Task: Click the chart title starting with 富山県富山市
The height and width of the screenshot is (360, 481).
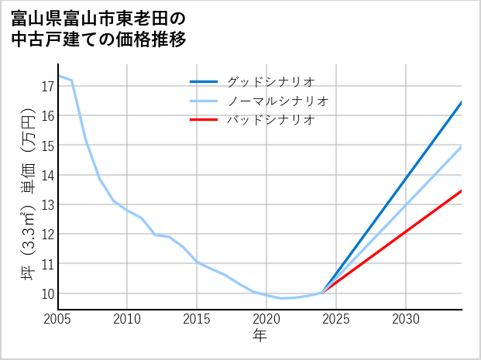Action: click(99, 27)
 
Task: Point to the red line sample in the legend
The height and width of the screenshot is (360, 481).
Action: click(204, 120)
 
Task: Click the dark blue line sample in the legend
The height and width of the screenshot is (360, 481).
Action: click(204, 81)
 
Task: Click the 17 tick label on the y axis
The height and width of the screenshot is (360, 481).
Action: click(46, 86)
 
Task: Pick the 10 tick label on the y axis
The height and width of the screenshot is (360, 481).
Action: click(46, 294)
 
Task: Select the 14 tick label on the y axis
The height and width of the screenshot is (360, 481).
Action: click(46, 175)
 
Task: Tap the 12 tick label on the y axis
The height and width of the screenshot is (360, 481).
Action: click(46, 235)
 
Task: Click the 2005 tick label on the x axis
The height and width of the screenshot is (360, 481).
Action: click(58, 319)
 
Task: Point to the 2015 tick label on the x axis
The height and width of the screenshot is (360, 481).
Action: click(197, 319)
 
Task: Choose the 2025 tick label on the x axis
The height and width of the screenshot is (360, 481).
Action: click(336, 319)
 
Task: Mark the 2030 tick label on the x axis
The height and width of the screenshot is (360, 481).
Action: click(406, 319)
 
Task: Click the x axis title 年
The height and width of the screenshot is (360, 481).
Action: click(259, 336)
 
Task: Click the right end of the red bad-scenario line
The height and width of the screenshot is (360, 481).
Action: click(462, 190)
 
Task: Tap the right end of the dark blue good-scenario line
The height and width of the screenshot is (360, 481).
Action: click(462, 102)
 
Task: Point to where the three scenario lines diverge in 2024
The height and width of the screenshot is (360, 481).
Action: click(322, 292)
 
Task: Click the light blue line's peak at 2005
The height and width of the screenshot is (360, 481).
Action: click(58, 76)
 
